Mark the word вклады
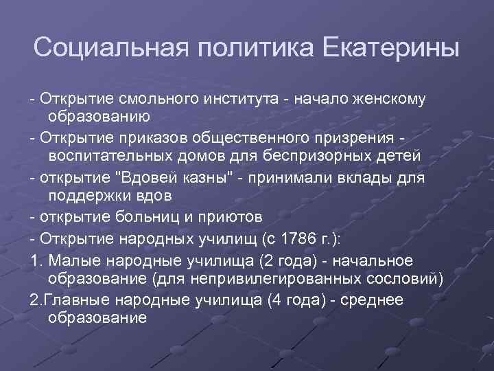pos(371,177)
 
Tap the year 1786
pos(292,238)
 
